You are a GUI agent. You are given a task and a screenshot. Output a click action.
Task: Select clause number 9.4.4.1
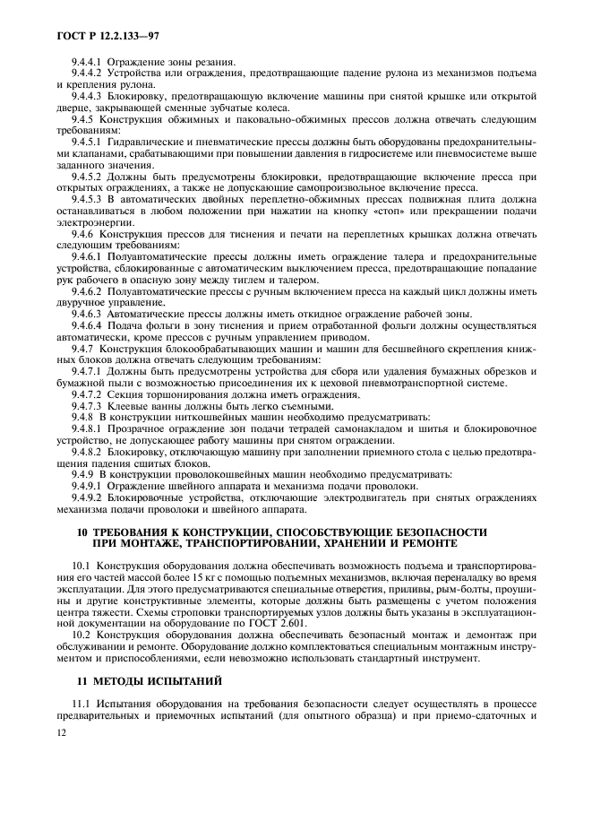88,60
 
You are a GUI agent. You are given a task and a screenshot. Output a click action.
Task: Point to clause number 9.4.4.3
88,93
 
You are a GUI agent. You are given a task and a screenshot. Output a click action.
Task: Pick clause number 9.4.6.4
88,326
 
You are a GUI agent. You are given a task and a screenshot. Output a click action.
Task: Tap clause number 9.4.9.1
88,485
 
